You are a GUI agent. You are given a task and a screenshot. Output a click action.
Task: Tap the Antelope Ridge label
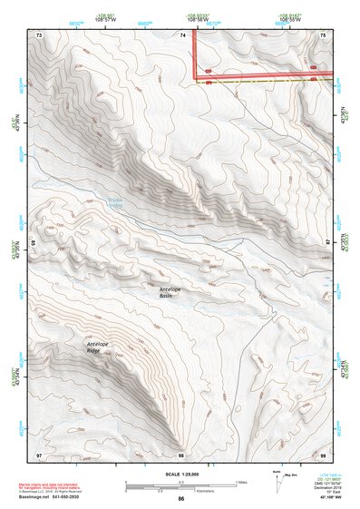[x=98, y=348]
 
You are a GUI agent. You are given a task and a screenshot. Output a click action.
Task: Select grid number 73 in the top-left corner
[x=39, y=34]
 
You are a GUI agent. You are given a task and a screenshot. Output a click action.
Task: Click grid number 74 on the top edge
[x=182, y=34]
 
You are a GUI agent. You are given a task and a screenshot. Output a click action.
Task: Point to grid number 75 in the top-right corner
[x=325, y=34]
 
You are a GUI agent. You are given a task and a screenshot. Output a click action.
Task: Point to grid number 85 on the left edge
[x=34, y=243]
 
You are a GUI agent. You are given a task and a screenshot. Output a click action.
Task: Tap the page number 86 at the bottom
[x=181, y=499]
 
